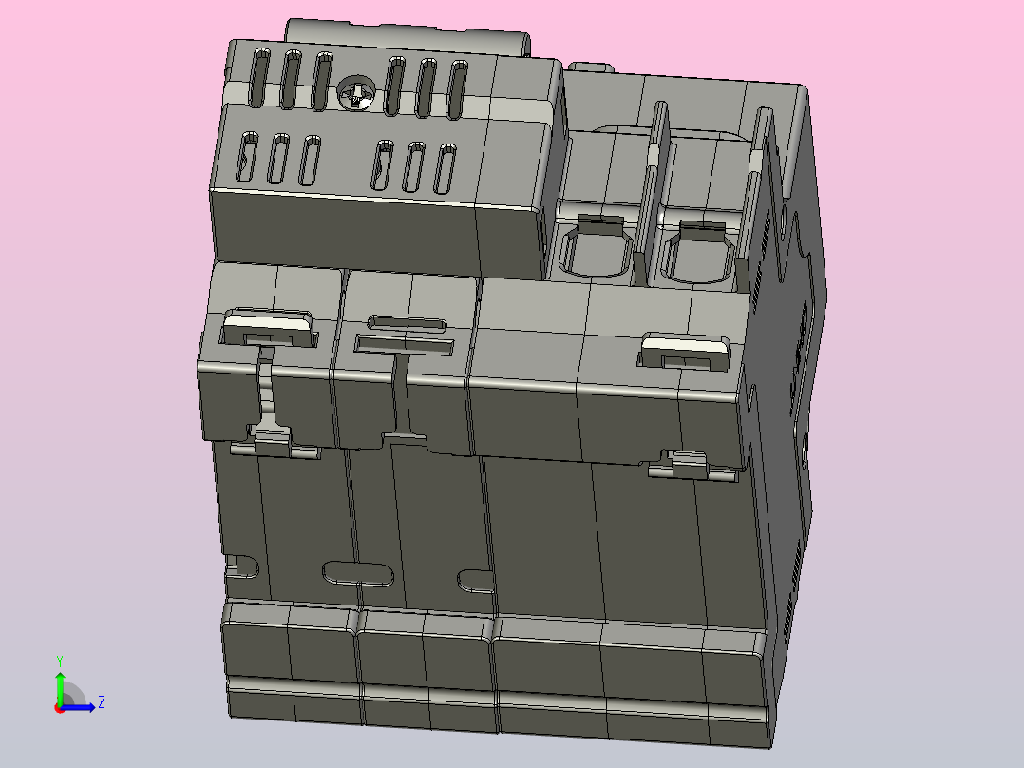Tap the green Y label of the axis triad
[x=60, y=659]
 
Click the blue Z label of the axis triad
[x=101, y=702]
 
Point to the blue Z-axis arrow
[x=81, y=706]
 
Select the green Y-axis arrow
[x=59, y=686]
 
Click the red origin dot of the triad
[x=59, y=708]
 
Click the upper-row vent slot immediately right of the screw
[x=393, y=86]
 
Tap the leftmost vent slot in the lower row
[x=248, y=157]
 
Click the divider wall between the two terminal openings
[x=652, y=200]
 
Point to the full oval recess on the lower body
[x=358, y=572]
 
